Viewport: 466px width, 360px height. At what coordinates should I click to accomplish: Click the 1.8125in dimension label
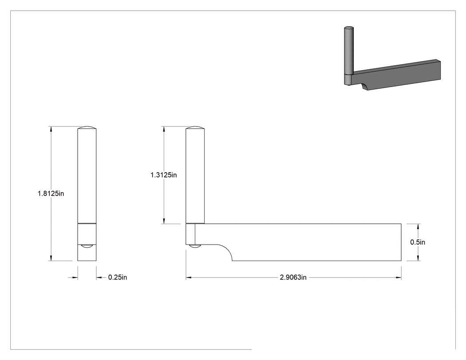51,194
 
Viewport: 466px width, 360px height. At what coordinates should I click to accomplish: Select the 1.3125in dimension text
164,175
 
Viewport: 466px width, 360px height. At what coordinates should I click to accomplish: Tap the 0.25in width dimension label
118,277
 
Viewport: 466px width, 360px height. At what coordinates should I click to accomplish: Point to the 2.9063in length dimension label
293,277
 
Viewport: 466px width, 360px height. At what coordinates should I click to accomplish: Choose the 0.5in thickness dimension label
418,242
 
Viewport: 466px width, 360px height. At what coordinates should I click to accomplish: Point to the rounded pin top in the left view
87,127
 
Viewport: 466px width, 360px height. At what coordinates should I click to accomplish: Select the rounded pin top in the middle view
195,127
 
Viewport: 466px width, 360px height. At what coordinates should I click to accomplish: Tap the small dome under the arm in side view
195,246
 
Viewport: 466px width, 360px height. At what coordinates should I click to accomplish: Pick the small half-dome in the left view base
87,246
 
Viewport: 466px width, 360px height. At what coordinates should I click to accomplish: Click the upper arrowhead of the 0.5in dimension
418,226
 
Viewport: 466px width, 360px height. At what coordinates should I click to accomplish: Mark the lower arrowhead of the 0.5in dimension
418,258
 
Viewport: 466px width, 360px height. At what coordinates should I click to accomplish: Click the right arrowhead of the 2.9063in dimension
399,277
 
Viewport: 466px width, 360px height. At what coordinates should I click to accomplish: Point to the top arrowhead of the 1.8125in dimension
51,129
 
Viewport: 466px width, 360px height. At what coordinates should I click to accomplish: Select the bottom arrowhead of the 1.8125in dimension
51,258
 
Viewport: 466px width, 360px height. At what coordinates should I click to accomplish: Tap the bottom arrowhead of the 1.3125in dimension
164,221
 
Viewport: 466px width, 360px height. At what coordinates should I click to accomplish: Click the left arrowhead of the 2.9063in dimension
189,277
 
